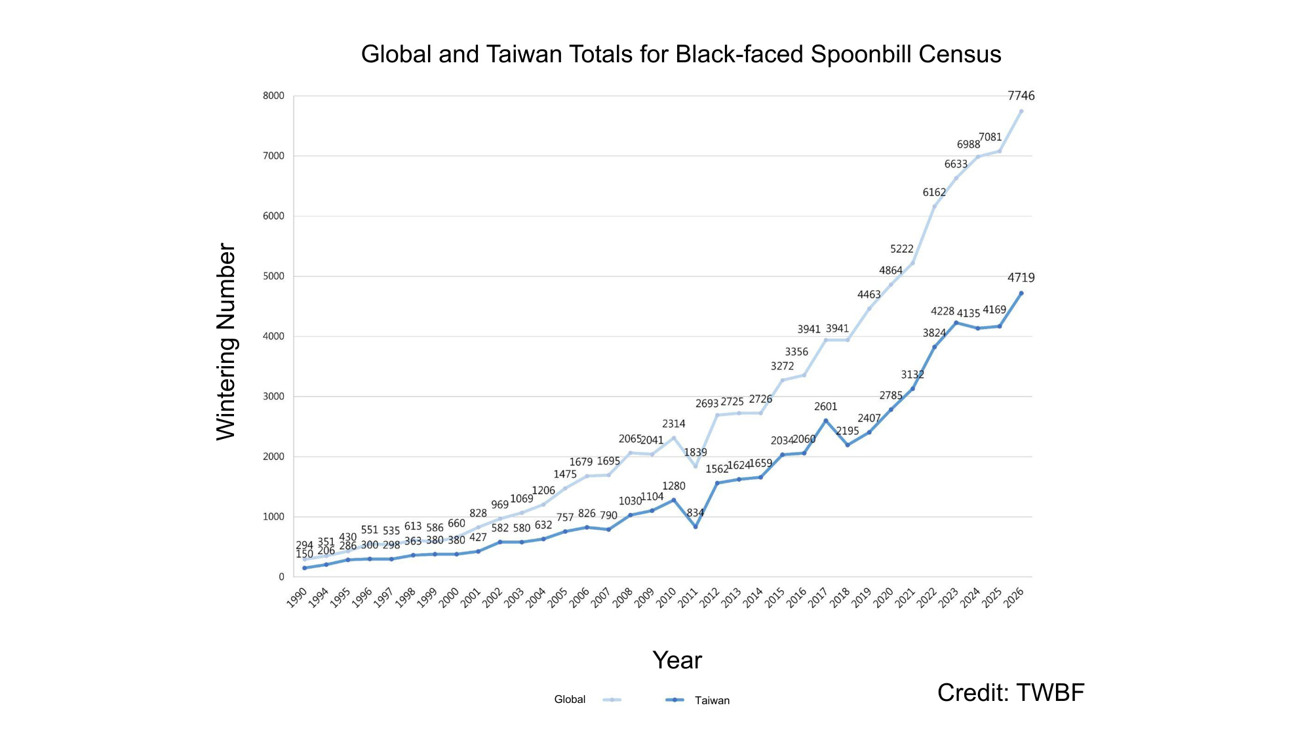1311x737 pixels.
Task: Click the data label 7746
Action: tap(1021, 96)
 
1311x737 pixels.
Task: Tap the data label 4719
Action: tap(1021, 278)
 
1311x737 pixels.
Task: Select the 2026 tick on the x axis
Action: tap(1014, 597)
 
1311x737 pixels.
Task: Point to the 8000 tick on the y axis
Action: tap(273, 96)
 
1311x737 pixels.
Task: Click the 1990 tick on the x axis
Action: tap(297, 597)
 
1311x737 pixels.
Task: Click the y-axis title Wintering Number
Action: tap(226, 341)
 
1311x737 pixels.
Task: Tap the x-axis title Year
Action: tap(676, 660)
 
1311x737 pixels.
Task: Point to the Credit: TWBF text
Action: tap(1010, 692)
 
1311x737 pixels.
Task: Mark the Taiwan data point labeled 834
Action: tap(695, 527)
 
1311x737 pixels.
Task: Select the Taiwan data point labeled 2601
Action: tap(825, 421)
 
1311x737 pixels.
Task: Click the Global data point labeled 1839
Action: tap(695, 466)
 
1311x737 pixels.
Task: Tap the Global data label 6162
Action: tap(934, 193)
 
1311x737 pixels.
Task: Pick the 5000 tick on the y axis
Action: tap(273, 276)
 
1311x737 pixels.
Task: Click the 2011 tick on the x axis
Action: tap(688, 597)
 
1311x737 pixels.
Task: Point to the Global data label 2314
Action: tap(673, 424)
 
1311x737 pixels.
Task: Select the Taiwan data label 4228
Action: tap(942, 311)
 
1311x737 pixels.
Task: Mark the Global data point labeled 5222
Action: tap(912, 263)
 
